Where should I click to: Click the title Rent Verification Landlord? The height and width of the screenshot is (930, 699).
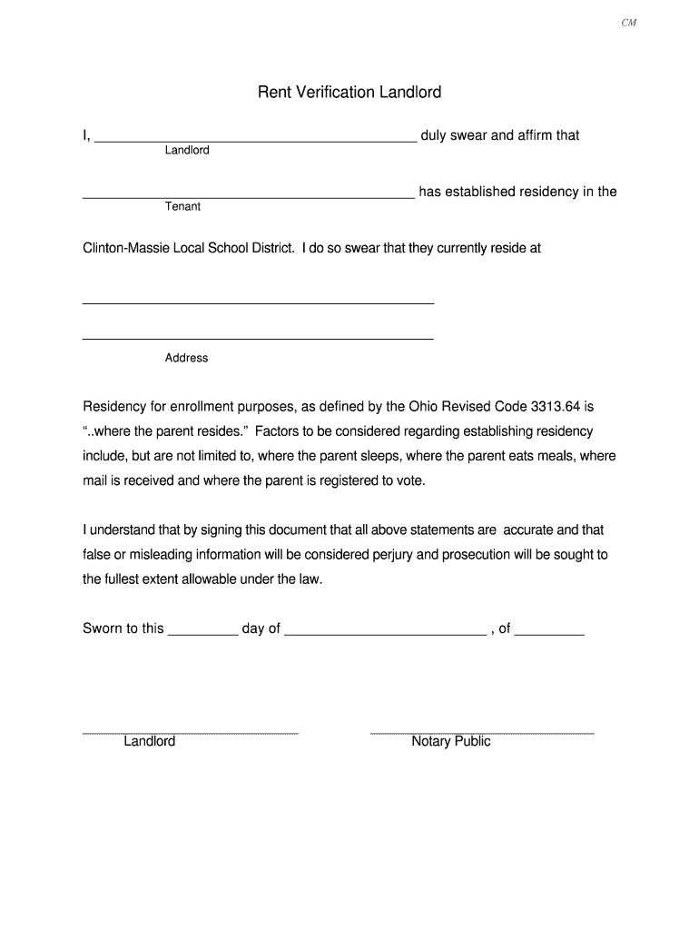[x=349, y=92]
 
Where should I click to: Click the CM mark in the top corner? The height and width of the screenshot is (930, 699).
[x=628, y=24]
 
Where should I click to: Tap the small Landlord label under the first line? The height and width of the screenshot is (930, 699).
[x=187, y=150]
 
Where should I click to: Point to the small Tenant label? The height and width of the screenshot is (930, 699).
[x=182, y=206]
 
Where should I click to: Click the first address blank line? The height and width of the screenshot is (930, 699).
[x=258, y=302]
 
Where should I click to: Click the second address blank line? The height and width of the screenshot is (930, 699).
[x=258, y=338]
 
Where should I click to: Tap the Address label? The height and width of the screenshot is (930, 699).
[x=186, y=358]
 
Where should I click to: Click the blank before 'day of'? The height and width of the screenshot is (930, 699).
[x=203, y=632]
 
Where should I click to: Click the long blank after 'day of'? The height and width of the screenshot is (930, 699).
[x=385, y=632]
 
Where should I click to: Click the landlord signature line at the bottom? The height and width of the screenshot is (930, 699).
[x=191, y=732]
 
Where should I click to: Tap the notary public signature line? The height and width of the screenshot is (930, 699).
[x=482, y=732]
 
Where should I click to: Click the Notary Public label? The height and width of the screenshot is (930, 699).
[x=450, y=742]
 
